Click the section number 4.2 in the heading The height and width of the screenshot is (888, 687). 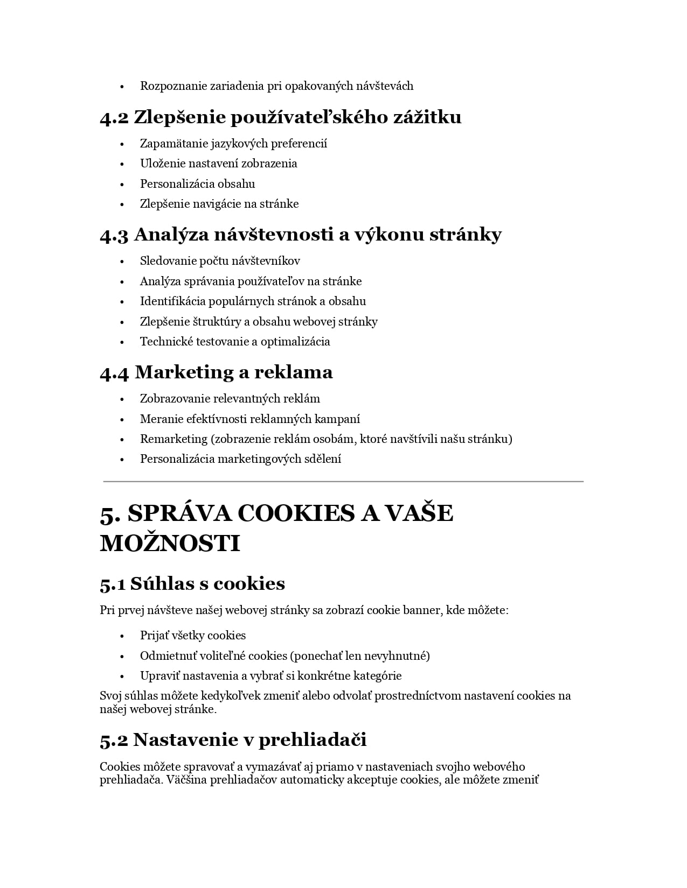[114, 117]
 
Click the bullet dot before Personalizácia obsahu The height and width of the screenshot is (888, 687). [122, 185]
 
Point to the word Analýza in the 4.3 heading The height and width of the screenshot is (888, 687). [171, 235]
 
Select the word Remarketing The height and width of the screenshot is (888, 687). [174, 439]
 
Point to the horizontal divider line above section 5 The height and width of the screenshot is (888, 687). [343, 482]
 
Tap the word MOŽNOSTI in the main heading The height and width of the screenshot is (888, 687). [170, 544]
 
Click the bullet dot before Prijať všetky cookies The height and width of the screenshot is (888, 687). [122, 636]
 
